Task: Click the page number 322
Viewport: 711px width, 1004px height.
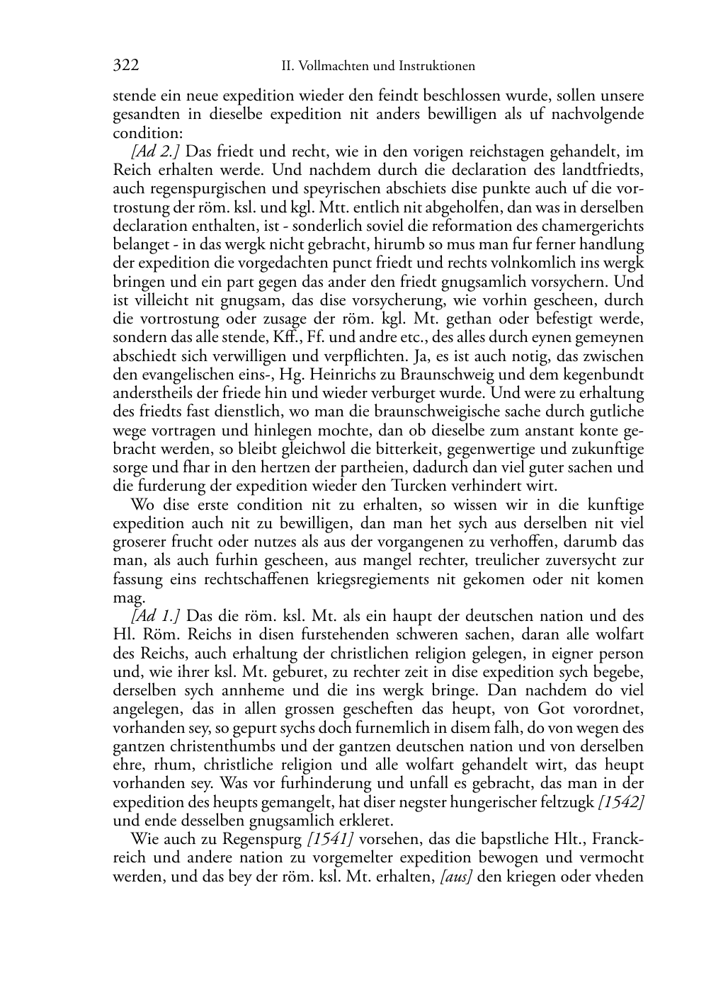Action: coord(125,66)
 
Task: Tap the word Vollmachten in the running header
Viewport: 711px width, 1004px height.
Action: coord(334,67)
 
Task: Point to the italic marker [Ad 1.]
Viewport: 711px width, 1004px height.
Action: coord(155,616)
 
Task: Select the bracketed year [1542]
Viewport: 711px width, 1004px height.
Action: coord(621,802)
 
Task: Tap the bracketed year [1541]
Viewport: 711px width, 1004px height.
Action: coord(331,839)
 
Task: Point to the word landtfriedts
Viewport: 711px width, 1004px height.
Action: coord(607,170)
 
